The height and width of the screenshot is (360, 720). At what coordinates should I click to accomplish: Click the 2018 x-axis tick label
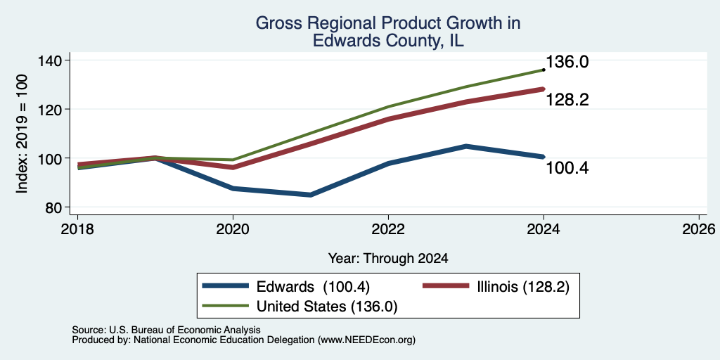(x=77, y=229)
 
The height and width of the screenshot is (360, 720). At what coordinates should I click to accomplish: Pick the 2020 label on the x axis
(x=233, y=229)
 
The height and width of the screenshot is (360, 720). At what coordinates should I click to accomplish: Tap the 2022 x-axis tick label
(x=388, y=229)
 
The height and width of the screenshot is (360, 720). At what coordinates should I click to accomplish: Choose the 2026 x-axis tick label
(x=699, y=229)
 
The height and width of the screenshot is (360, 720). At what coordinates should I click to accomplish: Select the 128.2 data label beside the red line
(x=567, y=100)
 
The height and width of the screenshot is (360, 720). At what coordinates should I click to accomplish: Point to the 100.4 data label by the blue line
(x=567, y=169)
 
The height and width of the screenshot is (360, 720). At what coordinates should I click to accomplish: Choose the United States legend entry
(x=327, y=307)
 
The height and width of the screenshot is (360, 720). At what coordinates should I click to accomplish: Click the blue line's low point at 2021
(x=310, y=195)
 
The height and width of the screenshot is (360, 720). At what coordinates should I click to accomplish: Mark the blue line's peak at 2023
(x=465, y=146)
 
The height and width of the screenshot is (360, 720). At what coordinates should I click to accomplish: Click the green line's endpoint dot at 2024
(x=544, y=70)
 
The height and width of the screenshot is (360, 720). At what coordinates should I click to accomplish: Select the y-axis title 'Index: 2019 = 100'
(x=22, y=134)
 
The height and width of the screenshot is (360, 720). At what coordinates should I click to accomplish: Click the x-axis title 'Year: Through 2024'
(x=388, y=259)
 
